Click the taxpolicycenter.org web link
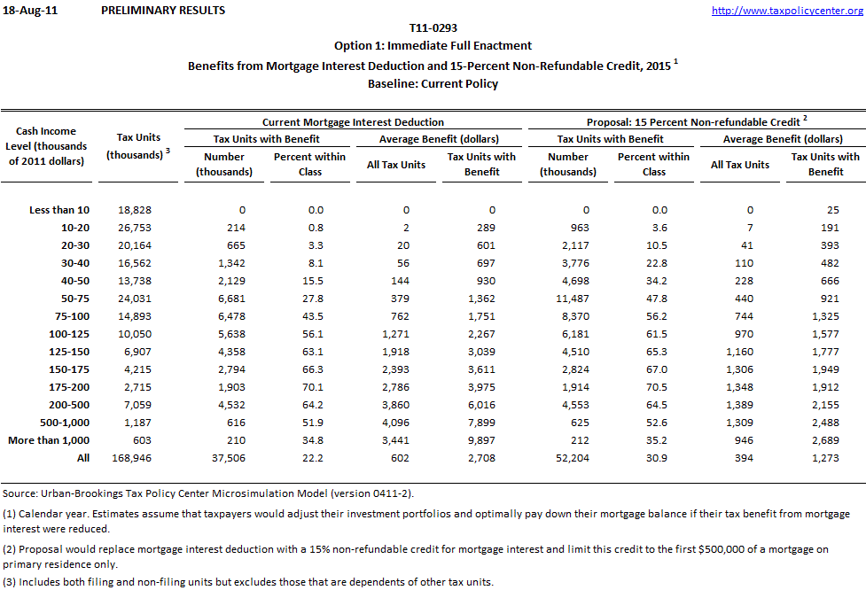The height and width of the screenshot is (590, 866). (x=787, y=11)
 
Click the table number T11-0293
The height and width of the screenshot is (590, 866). (x=433, y=28)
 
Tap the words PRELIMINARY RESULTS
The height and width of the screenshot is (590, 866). (x=163, y=11)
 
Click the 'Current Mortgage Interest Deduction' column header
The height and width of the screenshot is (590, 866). (x=353, y=122)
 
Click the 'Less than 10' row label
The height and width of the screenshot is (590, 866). (x=59, y=210)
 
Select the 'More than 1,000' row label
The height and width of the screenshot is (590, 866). (x=49, y=440)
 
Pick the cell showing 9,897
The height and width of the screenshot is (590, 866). (x=481, y=440)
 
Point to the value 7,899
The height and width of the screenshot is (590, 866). (x=481, y=423)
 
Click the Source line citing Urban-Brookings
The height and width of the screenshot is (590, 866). (x=208, y=493)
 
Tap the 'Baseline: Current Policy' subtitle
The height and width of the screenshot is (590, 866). (x=433, y=84)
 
